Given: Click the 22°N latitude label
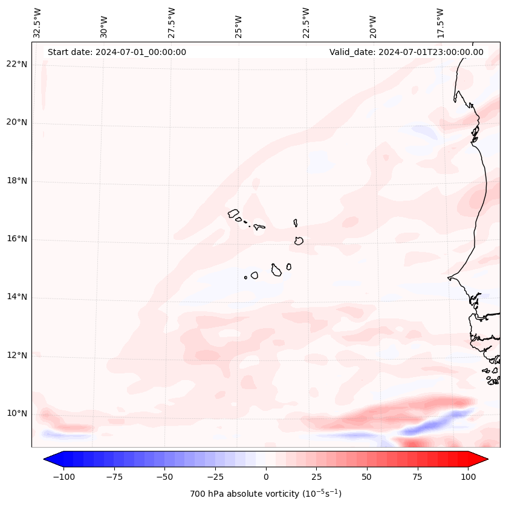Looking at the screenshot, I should point(18,65).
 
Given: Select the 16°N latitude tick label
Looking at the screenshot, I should point(18,239).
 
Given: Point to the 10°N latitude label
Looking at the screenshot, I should point(18,414).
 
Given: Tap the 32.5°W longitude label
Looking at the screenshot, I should point(37,22).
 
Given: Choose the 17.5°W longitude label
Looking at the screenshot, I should point(440,22).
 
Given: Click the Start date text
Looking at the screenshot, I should point(117,52).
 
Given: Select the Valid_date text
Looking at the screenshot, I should point(406,52).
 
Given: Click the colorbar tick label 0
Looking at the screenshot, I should point(266,477).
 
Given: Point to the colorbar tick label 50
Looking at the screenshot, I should point(367,477).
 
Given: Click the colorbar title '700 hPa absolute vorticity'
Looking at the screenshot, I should point(265,494).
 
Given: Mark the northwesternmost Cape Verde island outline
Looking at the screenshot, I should point(233,213).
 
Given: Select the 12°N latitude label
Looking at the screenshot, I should point(18,355).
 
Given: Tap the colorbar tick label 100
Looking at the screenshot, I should point(469,477).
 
